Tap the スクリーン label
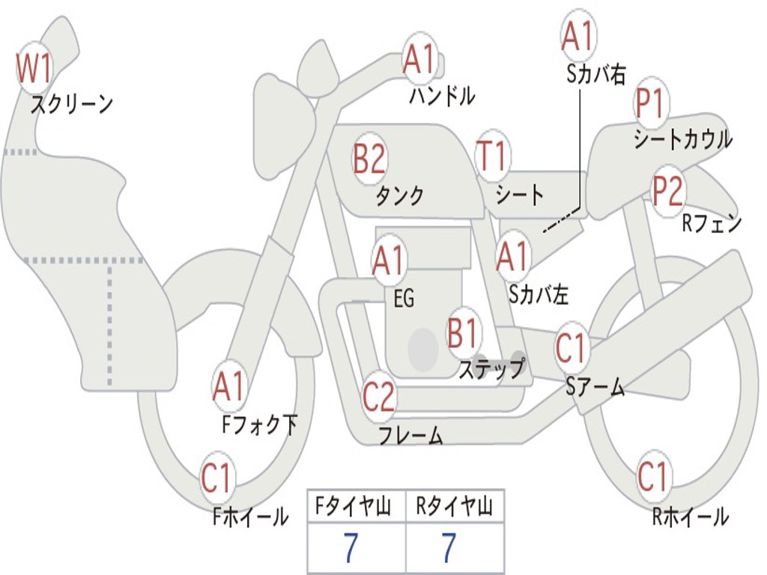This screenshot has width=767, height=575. click(71, 104)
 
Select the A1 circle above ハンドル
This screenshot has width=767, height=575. click(419, 59)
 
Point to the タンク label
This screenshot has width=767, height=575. click(399, 196)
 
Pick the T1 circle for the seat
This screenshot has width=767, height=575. click(492, 156)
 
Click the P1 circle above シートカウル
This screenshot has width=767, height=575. click(650, 105)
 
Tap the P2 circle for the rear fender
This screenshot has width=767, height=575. click(667, 191)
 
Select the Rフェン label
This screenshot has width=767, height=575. click(711, 223)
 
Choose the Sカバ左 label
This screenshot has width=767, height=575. click(539, 295)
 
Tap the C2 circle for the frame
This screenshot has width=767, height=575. click(379, 397)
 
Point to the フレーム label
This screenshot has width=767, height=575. click(410, 435)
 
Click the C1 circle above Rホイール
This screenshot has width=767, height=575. click(652, 476)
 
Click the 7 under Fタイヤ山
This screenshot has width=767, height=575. click(352, 548)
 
